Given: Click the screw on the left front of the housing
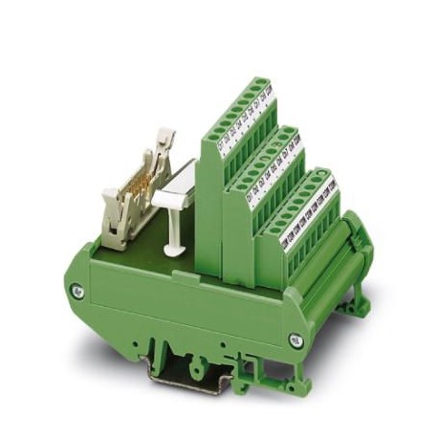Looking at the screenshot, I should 79,291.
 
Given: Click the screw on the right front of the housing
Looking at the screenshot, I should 296,339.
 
